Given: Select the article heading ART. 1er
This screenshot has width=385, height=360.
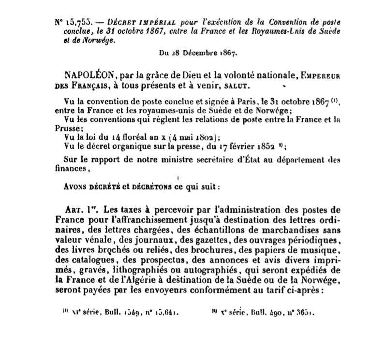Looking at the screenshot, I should coord(79,211).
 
